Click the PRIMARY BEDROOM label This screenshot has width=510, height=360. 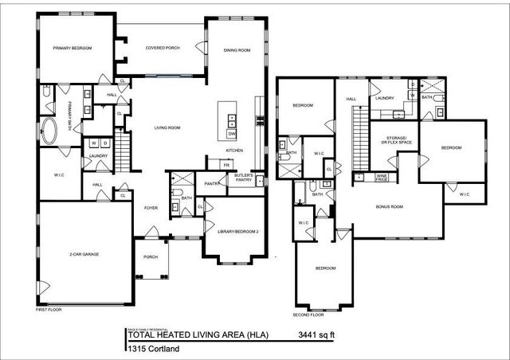click(x=73, y=49)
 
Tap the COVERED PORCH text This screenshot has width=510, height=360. click(x=162, y=48)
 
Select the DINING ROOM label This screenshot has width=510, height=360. click(x=237, y=49)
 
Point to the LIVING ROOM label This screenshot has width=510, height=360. click(x=167, y=127)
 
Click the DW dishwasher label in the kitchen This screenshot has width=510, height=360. click(x=232, y=134)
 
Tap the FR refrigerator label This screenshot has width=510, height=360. click(x=226, y=165)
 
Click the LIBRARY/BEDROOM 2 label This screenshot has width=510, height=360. click(x=235, y=231)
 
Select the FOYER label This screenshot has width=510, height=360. click(x=150, y=208)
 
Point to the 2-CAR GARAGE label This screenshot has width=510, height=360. click(x=84, y=254)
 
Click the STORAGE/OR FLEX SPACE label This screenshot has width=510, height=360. click(x=395, y=142)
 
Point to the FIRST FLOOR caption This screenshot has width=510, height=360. click(x=49, y=308)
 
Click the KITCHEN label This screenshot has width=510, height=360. click(x=233, y=151)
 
